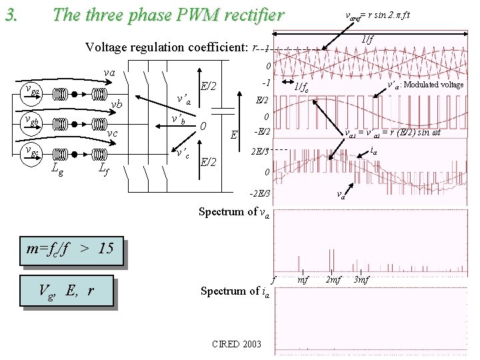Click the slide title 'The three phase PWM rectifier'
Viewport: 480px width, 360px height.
(x=167, y=14)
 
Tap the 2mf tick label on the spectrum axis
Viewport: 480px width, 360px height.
(x=332, y=279)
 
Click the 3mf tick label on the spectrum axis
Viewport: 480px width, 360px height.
(x=361, y=279)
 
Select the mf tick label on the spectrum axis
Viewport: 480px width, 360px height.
(x=303, y=279)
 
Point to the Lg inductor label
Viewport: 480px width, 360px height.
(x=58, y=171)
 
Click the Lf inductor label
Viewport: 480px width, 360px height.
(x=104, y=171)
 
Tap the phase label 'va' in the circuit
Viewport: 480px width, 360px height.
(x=109, y=73)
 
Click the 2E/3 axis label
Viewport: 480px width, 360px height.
(x=260, y=152)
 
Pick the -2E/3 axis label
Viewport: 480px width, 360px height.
(x=259, y=194)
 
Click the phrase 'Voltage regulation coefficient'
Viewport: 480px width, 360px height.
(x=167, y=47)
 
